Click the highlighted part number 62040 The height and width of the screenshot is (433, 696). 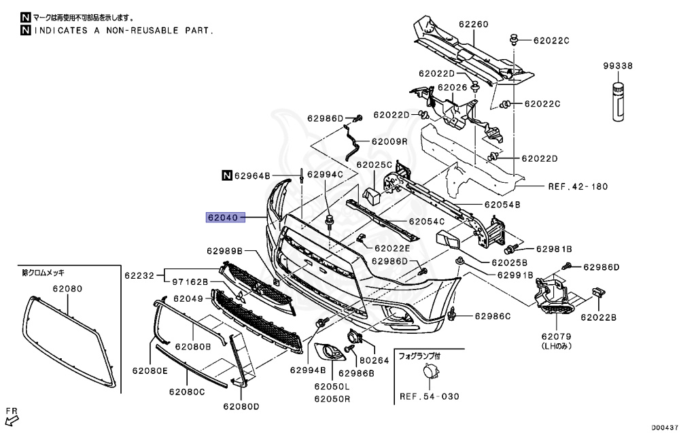pyautogui.click(x=222, y=218)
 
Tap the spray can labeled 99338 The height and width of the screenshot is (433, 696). pyautogui.click(x=618, y=102)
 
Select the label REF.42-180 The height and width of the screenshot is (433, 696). pyautogui.click(x=577, y=186)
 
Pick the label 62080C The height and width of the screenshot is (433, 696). pyautogui.click(x=187, y=392)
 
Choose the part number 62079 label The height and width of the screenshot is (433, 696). pyautogui.click(x=557, y=336)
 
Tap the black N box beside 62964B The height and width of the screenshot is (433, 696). pyautogui.click(x=226, y=175)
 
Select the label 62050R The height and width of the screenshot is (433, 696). pyautogui.click(x=332, y=398)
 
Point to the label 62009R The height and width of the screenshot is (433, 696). pyautogui.click(x=389, y=142)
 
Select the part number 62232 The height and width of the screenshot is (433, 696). pyautogui.click(x=139, y=275)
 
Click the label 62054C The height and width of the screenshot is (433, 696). pyautogui.click(x=427, y=221)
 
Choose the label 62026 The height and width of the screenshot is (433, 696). pyautogui.click(x=453, y=87)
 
